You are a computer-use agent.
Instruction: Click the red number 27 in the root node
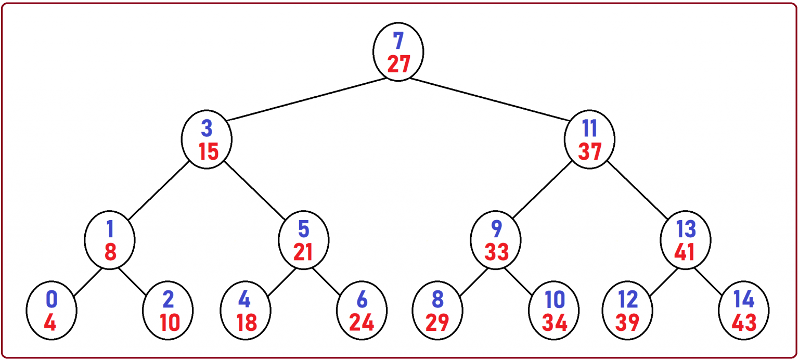398,64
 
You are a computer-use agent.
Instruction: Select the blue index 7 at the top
398,41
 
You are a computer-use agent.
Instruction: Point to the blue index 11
590,128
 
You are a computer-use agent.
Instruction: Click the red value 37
590,151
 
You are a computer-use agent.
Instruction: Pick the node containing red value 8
110,240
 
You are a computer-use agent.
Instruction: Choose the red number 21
303,252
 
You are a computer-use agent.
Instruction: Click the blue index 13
686,228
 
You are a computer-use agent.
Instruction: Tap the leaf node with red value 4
51,311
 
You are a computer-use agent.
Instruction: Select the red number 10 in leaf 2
169,323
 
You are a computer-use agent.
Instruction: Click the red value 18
246,323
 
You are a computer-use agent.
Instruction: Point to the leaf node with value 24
362,311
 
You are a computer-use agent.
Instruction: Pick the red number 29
437,323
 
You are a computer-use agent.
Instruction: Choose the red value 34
555,323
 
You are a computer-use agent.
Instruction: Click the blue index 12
628,300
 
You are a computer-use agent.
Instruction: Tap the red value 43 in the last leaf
744,323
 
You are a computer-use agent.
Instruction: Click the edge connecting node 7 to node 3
306,99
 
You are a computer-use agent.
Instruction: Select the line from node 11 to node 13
638,191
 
